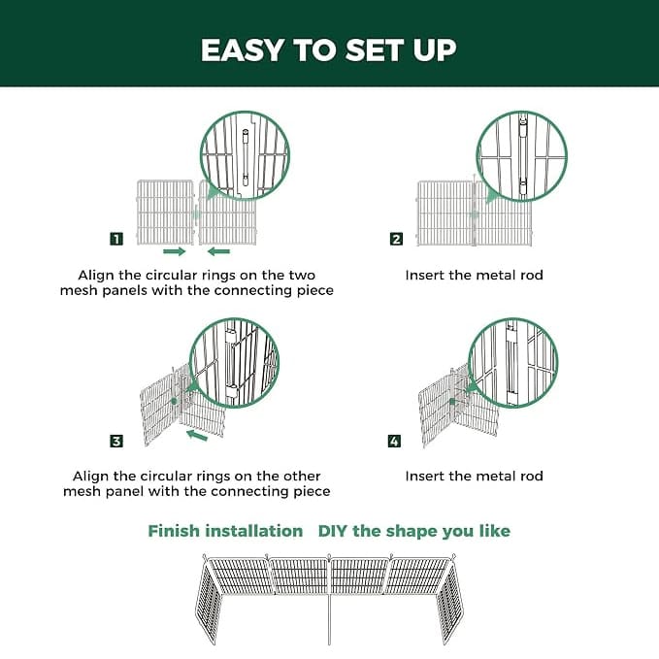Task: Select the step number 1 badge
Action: [116, 239]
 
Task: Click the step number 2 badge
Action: [395, 239]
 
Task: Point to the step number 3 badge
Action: [116, 441]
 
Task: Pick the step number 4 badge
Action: [394, 441]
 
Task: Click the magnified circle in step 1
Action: [245, 157]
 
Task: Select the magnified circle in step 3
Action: [233, 362]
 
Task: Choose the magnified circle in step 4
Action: [512, 362]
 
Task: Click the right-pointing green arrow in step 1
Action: [174, 251]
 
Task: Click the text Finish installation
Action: [225, 531]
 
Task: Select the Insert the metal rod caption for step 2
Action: [474, 276]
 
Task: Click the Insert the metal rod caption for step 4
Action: [474, 477]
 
